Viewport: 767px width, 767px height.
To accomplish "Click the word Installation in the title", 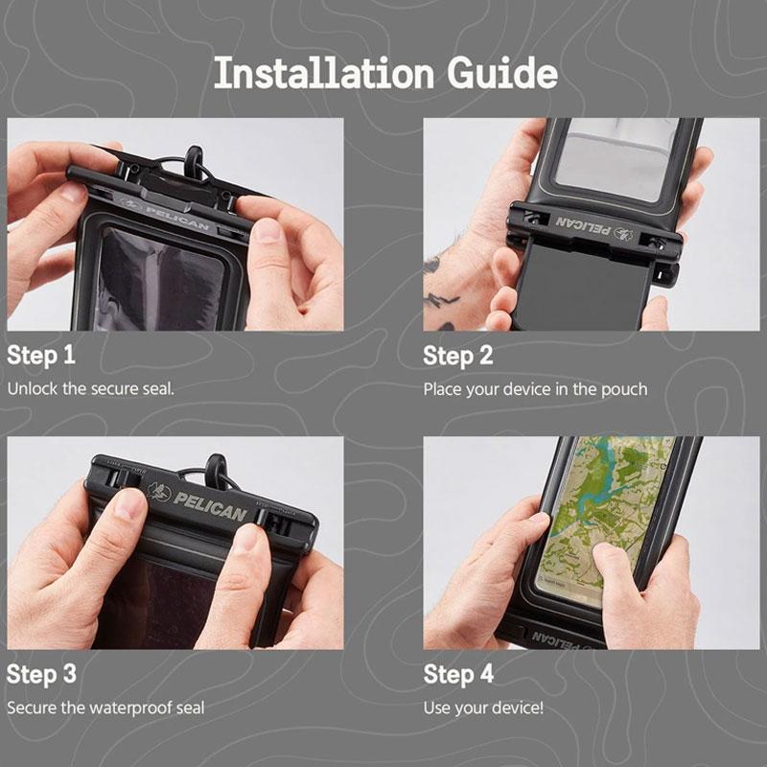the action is click(324, 73).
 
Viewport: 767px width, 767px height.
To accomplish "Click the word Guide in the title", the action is click(501, 73).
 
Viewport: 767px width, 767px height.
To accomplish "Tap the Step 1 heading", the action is click(41, 355).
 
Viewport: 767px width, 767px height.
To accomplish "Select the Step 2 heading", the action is click(458, 356).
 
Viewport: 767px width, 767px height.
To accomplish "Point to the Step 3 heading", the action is click(41, 674).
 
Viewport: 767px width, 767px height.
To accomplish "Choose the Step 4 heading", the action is click(458, 674).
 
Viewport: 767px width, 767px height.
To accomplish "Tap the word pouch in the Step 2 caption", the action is click(624, 390).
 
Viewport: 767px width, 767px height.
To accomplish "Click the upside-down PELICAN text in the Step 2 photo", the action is click(582, 226).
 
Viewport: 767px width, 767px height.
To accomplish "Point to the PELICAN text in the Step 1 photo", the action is click(178, 219).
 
